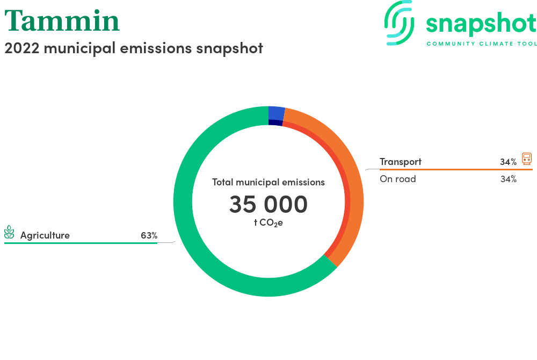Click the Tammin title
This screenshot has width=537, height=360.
coord(62,20)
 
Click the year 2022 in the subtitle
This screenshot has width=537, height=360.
coord(22,48)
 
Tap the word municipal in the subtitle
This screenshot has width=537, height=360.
coord(79,48)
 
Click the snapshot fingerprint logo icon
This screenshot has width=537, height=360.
coord(399,23)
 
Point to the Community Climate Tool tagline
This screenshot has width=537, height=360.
coord(482,44)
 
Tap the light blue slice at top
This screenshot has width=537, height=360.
coord(277,113)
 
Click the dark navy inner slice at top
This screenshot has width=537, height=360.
coord(275,123)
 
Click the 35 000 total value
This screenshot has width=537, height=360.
coord(268,204)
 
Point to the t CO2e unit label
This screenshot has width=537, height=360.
coord(268,223)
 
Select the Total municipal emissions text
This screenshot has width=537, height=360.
coord(268,182)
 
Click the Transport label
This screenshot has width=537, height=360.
coord(401,162)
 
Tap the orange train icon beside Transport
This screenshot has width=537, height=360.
coord(527,159)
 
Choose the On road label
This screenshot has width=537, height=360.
coord(397,179)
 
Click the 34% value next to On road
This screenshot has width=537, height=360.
coord(509,179)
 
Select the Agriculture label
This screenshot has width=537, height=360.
coord(45,235)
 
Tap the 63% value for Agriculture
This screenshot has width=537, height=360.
coord(149,235)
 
